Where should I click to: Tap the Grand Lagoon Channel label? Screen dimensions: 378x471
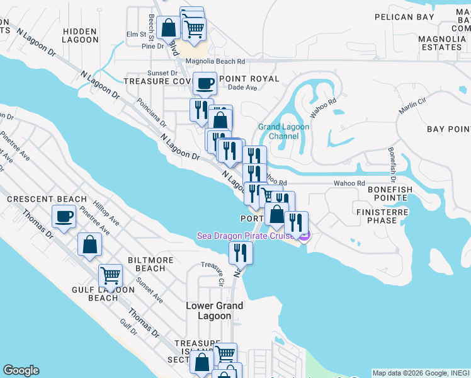[x=284, y=131]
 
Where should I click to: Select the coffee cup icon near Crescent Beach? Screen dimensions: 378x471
[x=64, y=218]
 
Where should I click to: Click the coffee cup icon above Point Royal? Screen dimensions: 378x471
[x=206, y=83]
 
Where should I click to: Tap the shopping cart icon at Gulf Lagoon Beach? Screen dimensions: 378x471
[x=111, y=275]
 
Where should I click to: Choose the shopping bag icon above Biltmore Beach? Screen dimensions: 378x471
[x=90, y=244]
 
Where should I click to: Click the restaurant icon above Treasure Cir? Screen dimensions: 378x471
[x=241, y=253]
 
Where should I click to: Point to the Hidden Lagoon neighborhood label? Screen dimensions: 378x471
[x=81, y=35]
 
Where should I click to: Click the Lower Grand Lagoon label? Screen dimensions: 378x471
[x=214, y=311]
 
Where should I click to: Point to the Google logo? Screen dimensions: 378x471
[x=21, y=370]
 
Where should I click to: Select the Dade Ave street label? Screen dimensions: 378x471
[x=243, y=88]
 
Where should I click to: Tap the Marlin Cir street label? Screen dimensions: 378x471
[x=413, y=105]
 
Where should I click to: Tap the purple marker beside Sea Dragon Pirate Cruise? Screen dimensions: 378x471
[x=304, y=236]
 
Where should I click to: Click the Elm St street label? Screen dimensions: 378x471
[x=135, y=34]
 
